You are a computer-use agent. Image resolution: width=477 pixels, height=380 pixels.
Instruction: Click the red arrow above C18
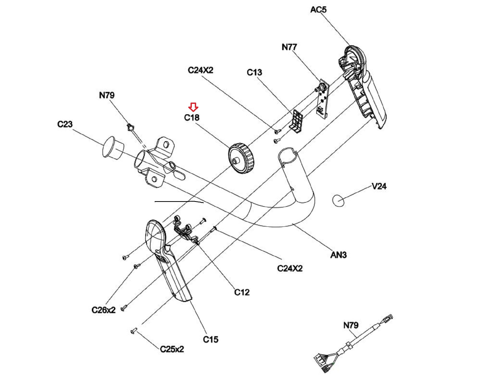194,107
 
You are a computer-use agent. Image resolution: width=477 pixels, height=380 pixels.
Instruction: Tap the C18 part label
192,118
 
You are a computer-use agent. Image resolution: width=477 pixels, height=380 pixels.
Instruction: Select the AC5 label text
318,10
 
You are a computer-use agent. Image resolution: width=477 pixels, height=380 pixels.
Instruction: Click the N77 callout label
289,47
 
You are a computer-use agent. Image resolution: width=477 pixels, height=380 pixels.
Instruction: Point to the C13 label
254,72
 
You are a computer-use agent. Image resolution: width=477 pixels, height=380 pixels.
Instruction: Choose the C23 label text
65,124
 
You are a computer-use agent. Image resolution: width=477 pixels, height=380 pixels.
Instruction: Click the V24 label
379,186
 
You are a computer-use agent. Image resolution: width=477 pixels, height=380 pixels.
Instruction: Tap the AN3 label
338,255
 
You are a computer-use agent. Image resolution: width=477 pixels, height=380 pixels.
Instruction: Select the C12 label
242,292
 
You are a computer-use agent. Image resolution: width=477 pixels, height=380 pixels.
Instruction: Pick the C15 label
211,339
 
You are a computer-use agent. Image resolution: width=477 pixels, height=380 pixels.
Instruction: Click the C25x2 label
172,349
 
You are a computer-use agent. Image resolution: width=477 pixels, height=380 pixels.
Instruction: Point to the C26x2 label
103,310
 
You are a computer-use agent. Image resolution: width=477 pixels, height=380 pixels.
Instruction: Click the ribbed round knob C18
241,158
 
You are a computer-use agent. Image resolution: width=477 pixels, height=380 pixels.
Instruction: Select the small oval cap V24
338,200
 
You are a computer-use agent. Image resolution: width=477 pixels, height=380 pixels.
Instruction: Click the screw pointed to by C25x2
134,331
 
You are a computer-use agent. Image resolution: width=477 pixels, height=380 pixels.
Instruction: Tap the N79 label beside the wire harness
351,325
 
